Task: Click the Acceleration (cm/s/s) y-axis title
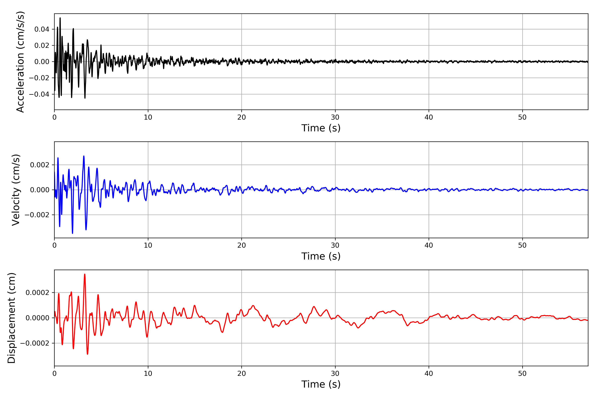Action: pyautogui.click(x=20, y=62)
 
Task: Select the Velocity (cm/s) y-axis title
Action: pyautogui.click(x=16, y=190)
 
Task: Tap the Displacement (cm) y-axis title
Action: pyautogui.click(x=12, y=318)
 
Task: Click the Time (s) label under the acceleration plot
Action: pyautogui.click(x=321, y=128)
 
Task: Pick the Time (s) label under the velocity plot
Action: pyautogui.click(x=321, y=256)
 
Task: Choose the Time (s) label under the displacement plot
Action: pyautogui.click(x=321, y=384)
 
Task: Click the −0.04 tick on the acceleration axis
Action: pyautogui.click(x=39, y=94)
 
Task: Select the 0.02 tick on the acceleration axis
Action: pyautogui.click(x=42, y=46)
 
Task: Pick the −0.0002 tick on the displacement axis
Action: pyautogui.click(x=35, y=343)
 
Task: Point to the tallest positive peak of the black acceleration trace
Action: pyautogui.click(x=60, y=18)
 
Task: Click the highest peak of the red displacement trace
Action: pyautogui.click(x=85, y=274)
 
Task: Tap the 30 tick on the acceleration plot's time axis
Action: pyautogui.click(x=335, y=117)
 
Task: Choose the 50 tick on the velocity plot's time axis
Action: pyautogui.click(x=522, y=245)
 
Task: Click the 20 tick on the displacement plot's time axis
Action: pyautogui.click(x=242, y=374)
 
